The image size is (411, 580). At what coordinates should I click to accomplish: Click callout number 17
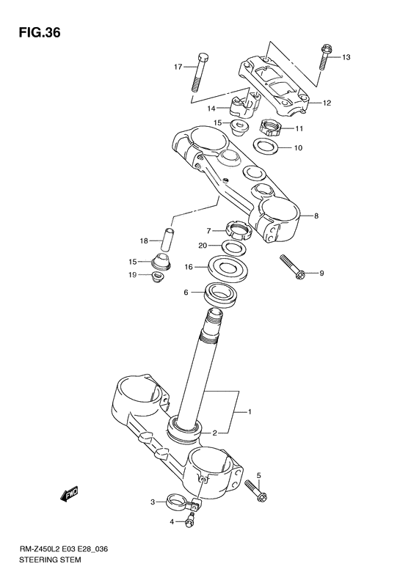pyautogui.click(x=178, y=67)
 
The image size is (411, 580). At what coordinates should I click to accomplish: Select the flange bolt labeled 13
pyautogui.click(x=323, y=61)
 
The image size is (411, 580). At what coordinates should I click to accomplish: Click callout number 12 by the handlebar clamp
pyautogui.click(x=327, y=103)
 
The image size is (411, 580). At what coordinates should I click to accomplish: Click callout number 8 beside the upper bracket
pyautogui.click(x=316, y=216)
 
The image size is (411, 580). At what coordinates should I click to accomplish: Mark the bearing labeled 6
pyautogui.click(x=222, y=293)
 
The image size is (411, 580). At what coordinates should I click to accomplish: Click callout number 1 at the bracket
pyautogui.click(x=249, y=412)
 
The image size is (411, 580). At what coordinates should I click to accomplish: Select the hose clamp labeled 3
pyautogui.click(x=178, y=503)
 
